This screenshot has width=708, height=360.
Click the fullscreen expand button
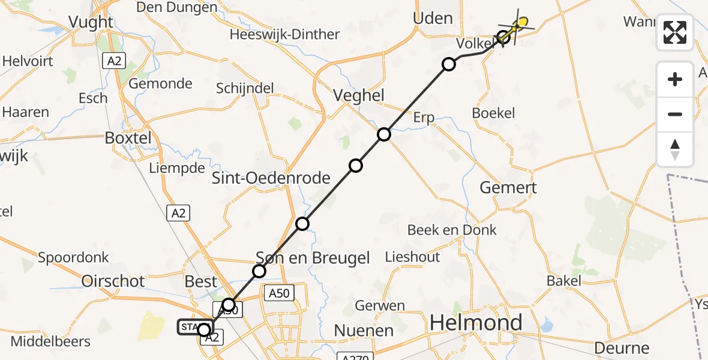point(675,32)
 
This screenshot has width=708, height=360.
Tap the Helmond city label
point(475,323)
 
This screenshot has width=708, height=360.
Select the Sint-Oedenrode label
point(271,178)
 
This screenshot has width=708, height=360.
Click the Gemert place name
point(508,187)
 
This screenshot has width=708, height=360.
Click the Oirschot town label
point(113,281)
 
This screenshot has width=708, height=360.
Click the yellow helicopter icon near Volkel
point(521,23)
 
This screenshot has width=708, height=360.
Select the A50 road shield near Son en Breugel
point(279,293)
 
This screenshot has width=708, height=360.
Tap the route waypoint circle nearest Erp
point(384,134)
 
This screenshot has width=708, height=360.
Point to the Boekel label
point(493,113)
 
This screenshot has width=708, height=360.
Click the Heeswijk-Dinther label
point(284,34)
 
